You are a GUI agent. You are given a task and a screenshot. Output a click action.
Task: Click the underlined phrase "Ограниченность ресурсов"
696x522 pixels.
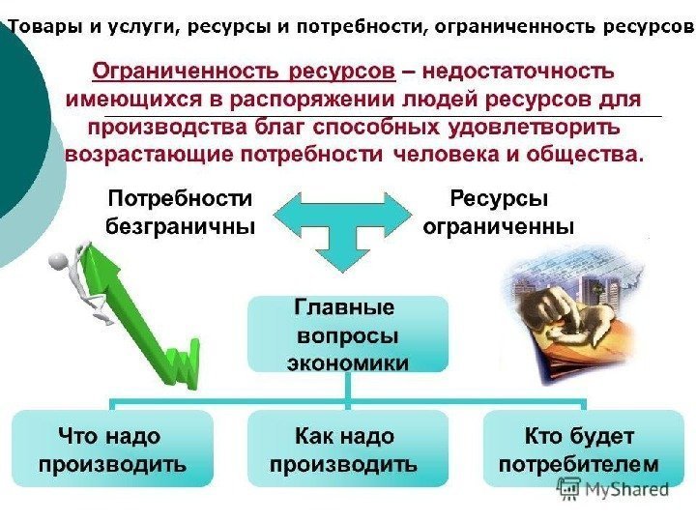click(244, 72)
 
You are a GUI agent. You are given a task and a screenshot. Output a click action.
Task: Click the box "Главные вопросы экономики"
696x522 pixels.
click(347, 334)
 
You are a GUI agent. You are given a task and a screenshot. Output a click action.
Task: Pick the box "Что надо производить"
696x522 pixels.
click(112, 449)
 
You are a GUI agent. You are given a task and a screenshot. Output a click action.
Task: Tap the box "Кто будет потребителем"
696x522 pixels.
click(581, 449)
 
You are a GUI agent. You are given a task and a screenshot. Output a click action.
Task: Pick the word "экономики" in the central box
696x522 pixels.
click(347, 362)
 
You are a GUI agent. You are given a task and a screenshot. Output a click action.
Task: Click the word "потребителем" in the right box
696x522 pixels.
click(578, 464)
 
